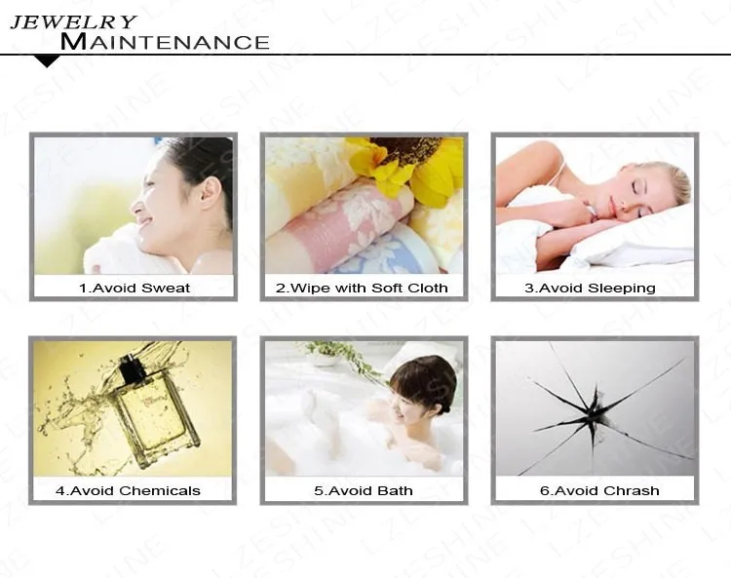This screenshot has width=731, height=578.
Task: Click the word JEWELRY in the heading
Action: (x=73, y=21)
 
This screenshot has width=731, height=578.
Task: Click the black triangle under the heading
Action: (x=47, y=61)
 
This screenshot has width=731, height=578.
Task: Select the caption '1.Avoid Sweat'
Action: (x=134, y=288)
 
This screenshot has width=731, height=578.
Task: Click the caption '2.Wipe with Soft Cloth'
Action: (x=362, y=288)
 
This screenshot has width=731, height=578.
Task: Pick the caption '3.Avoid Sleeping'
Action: (x=590, y=288)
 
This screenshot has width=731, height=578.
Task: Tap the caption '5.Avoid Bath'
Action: (x=363, y=490)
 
